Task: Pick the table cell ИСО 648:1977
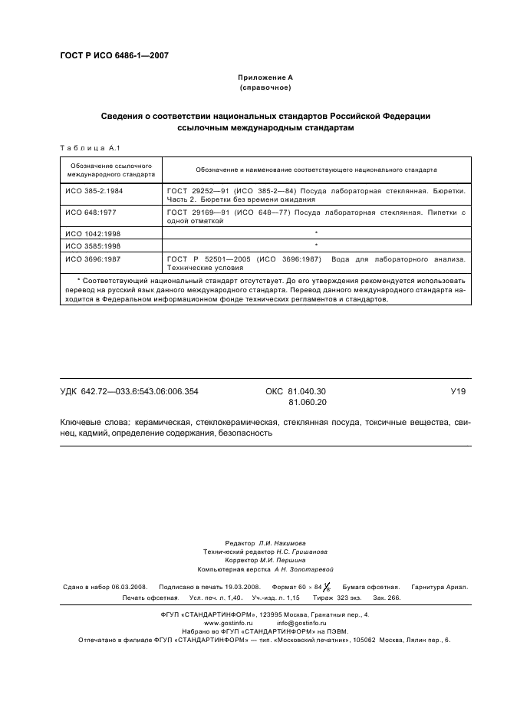(90, 211)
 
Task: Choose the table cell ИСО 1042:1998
(92, 232)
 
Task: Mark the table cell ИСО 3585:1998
(92, 246)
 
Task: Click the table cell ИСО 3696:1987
(92, 260)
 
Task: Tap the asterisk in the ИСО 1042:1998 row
(316, 232)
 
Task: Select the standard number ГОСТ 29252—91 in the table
(195, 188)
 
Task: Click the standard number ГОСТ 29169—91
(195, 211)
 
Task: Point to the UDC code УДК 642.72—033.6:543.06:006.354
(129, 391)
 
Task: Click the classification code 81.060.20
(308, 402)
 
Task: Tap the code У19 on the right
(458, 391)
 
